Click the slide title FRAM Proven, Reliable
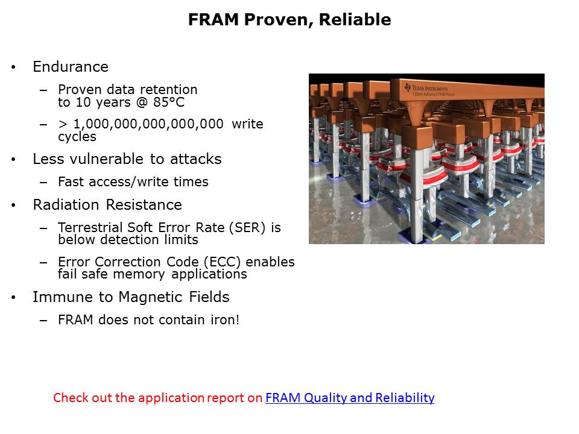coord(289,20)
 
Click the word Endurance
coord(71,67)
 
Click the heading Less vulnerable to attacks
coord(127,159)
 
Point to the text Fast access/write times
coord(133,182)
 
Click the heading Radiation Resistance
coord(107,205)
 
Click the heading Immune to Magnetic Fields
coord(131,297)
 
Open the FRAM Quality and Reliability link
coord(350,398)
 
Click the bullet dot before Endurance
coord(14,68)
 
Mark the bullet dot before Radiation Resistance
coord(14,206)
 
